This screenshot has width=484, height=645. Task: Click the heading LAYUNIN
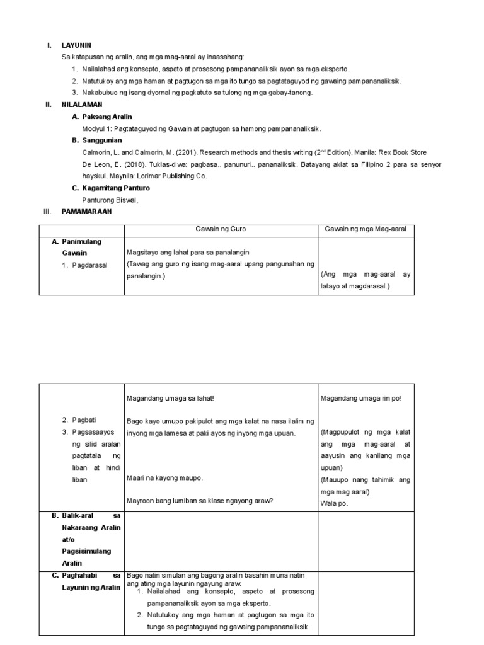tap(76, 45)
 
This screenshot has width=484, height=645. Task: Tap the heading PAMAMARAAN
tap(86, 212)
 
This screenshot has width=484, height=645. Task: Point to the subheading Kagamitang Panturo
tap(116, 188)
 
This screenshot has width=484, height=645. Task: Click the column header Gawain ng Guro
tap(221, 229)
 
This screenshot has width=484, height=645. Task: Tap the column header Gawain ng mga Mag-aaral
tap(366, 229)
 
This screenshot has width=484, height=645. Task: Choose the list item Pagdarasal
tap(88, 265)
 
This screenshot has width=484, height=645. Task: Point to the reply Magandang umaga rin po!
tap(360, 398)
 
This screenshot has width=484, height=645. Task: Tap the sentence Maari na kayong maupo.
tap(165, 477)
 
